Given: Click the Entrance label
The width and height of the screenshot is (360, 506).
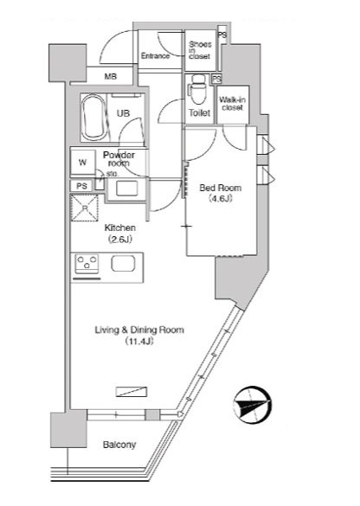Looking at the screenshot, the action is point(155,56).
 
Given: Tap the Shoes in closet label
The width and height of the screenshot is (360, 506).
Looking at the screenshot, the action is point(200,50).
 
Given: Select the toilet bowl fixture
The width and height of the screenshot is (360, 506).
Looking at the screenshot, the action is point(197,89).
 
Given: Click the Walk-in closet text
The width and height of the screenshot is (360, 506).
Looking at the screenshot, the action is point(233,104).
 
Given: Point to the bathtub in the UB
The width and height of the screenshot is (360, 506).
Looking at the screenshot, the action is point(93,117).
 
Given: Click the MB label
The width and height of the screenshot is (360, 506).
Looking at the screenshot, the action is point(111,77).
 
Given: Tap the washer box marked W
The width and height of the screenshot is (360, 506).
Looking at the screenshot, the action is point(83,162).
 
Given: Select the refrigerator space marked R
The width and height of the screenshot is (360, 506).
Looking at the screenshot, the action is point(84,208).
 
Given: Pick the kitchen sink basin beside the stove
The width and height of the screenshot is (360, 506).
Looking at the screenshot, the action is point(123,263).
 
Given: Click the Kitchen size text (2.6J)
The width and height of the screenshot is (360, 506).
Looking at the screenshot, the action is point(119,240).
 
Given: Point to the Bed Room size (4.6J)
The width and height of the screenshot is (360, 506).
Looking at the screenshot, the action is point(221,199).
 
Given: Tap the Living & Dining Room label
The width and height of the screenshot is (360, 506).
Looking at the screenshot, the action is point(139,330).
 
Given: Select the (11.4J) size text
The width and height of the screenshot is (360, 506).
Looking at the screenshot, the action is point(139,342).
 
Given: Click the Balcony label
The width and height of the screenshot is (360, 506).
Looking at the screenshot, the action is point(119,445).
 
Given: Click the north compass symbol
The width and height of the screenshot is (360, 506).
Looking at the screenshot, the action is point(252,405).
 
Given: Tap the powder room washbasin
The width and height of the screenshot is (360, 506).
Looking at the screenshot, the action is point(127,189).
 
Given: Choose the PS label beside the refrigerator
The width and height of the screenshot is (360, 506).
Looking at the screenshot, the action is point(82,186).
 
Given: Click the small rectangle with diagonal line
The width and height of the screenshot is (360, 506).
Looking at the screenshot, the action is point(132,392).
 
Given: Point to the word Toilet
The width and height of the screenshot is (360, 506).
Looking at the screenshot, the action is point(200,113).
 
